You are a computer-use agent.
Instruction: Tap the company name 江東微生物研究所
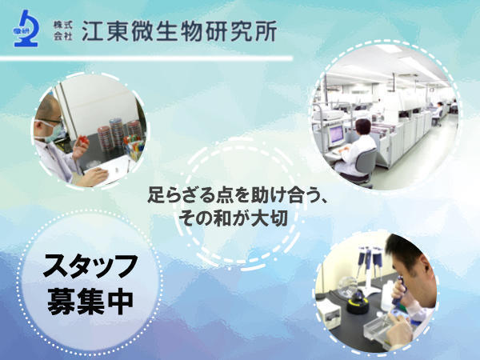[x=179, y=30]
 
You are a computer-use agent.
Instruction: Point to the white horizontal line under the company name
[x=152, y=58]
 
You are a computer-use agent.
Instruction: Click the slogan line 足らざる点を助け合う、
[x=239, y=194]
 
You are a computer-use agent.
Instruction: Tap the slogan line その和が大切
[x=239, y=217]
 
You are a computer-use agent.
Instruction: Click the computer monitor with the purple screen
[x=336, y=130]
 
